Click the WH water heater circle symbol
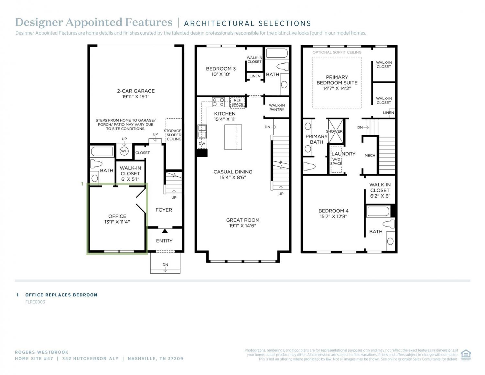[x=124, y=151]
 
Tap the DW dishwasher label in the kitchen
[x=202, y=144]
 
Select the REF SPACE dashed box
[x=237, y=103]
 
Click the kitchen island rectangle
[x=233, y=137]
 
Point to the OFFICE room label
[x=117, y=216]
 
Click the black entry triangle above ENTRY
[x=165, y=231]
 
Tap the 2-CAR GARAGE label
[x=136, y=91]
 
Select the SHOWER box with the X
[x=336, y=131]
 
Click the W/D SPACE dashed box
[x=336, y=160]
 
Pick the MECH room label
[x=370, y=155]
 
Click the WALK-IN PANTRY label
[x=276, y=107]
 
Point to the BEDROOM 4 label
[x=333, y=211]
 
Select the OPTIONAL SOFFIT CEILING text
[x=337, y=52]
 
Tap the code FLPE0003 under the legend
[x=35, y=302]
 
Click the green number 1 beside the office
[x=82, y=184]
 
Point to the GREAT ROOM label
[x=242, y=220]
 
